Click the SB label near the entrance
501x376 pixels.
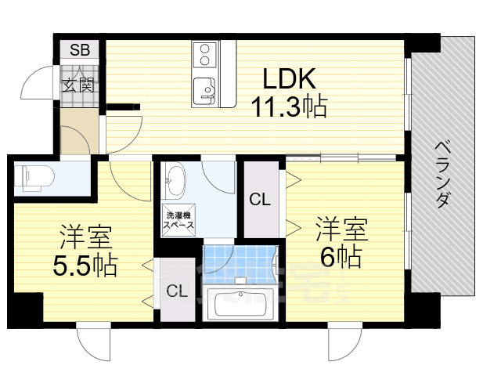80,51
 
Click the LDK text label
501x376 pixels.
288,78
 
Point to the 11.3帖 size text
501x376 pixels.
288,105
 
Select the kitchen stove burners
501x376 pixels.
204,54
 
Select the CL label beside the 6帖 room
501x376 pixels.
260,199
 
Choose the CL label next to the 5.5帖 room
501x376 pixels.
177,291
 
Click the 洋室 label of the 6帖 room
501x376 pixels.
341,231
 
